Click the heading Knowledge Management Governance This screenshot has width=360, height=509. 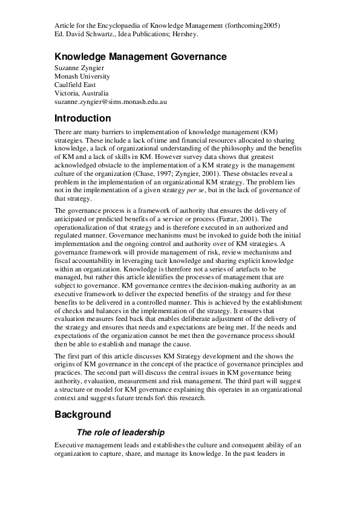pos(140,57)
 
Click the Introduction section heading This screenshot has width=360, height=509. pos(91,118)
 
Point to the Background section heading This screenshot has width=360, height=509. pos(83,415)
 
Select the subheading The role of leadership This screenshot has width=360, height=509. pos(120,432)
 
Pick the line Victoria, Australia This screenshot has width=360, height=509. pos(81,94)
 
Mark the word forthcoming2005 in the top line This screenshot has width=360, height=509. pos(252,25)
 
